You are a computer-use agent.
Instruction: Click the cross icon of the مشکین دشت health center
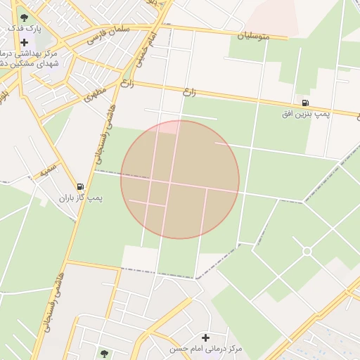coord(25,42)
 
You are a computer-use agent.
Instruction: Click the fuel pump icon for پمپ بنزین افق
coord(304,103)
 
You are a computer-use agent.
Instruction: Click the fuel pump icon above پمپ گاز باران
coord(80,187)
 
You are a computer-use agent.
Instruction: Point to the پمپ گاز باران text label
coord(80,198)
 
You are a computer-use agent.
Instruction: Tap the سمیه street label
coord(47,169)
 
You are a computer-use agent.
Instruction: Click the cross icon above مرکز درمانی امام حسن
coord(205,338)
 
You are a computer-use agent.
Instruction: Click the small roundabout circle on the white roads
coord(307,251)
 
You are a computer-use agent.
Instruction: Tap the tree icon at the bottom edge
coord(105,354)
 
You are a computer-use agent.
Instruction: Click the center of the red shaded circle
coord(180,179)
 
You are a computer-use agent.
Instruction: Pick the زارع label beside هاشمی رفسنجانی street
coord(127,86)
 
